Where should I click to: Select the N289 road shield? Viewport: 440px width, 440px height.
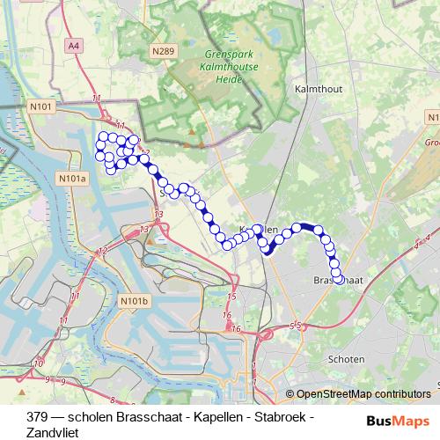(x=161, y=52)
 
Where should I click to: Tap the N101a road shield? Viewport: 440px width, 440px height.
(x=73, y=179)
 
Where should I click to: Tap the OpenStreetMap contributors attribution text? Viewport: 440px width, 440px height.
(x=363, y=395)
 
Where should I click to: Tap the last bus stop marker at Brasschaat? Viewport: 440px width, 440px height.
(x=338, y=280)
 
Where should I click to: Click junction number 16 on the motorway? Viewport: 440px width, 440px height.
(x=227, y=315)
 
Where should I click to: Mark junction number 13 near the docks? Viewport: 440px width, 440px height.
(x=158, y=215)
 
